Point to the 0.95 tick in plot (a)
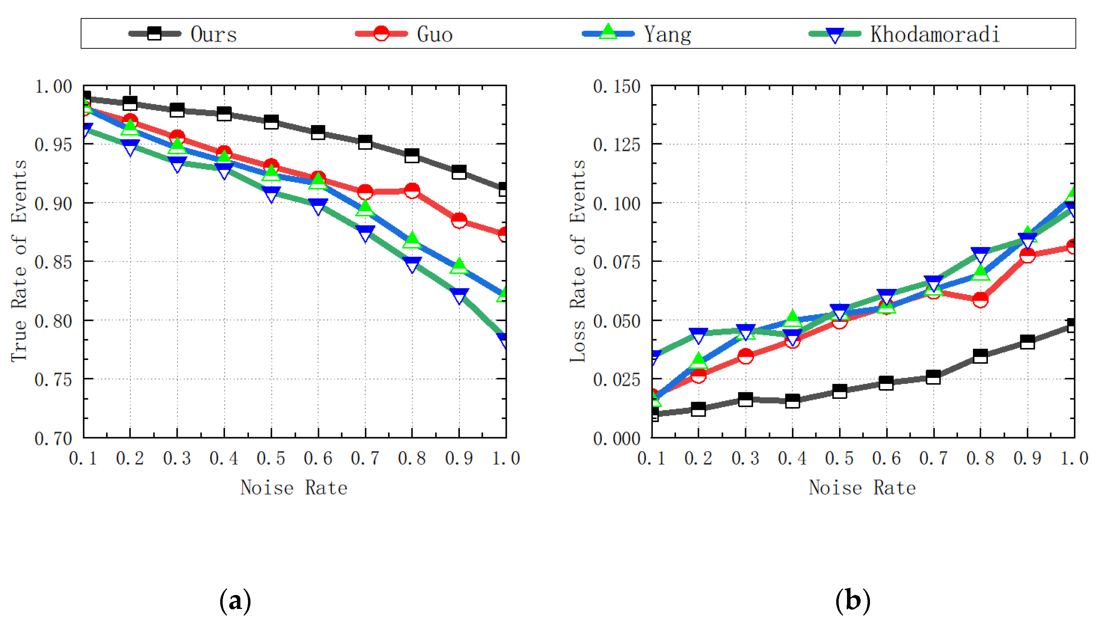pyautogui.click(x=53, y=145)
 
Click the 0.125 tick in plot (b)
pyautogui.click(x=616, y=145)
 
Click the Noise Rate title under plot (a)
pyautogui.click(x=294, y=488)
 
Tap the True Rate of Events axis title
pyautogui.click(x=19, y=261)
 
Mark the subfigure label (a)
pyautogui.click(x=235, y=600)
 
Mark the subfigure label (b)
pyautogui.click(x=853, y=600)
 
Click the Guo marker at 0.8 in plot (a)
pyautogui.click(x=412, y=190)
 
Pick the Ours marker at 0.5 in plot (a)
pyautogui.click(x=271, y=122)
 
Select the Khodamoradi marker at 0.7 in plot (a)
pyautogui.click(x=365, y=233)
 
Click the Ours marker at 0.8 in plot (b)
pyautogui.click(x=981, y=356)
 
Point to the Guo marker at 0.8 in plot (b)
pyautogui.click(x=981, y=299)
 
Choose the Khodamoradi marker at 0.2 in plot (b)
pyautogui.click(x=698, y=335)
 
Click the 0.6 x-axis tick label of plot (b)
pyautogui.click(x=886, y=458)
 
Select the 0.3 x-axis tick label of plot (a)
pyautogui.click(x=177, y=458)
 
